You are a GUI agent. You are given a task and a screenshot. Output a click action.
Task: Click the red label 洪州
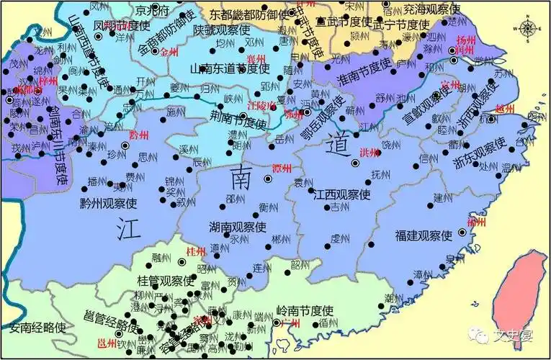[369, 152]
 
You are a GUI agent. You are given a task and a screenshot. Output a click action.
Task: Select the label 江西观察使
[342, 194]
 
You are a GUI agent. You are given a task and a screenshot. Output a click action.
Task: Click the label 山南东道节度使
[229, 68]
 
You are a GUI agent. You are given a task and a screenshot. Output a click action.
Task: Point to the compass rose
[528, 28]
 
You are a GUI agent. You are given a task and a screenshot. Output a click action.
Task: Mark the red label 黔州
[138, 135]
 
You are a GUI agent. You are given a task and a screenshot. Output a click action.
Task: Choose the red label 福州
[476, 223]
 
